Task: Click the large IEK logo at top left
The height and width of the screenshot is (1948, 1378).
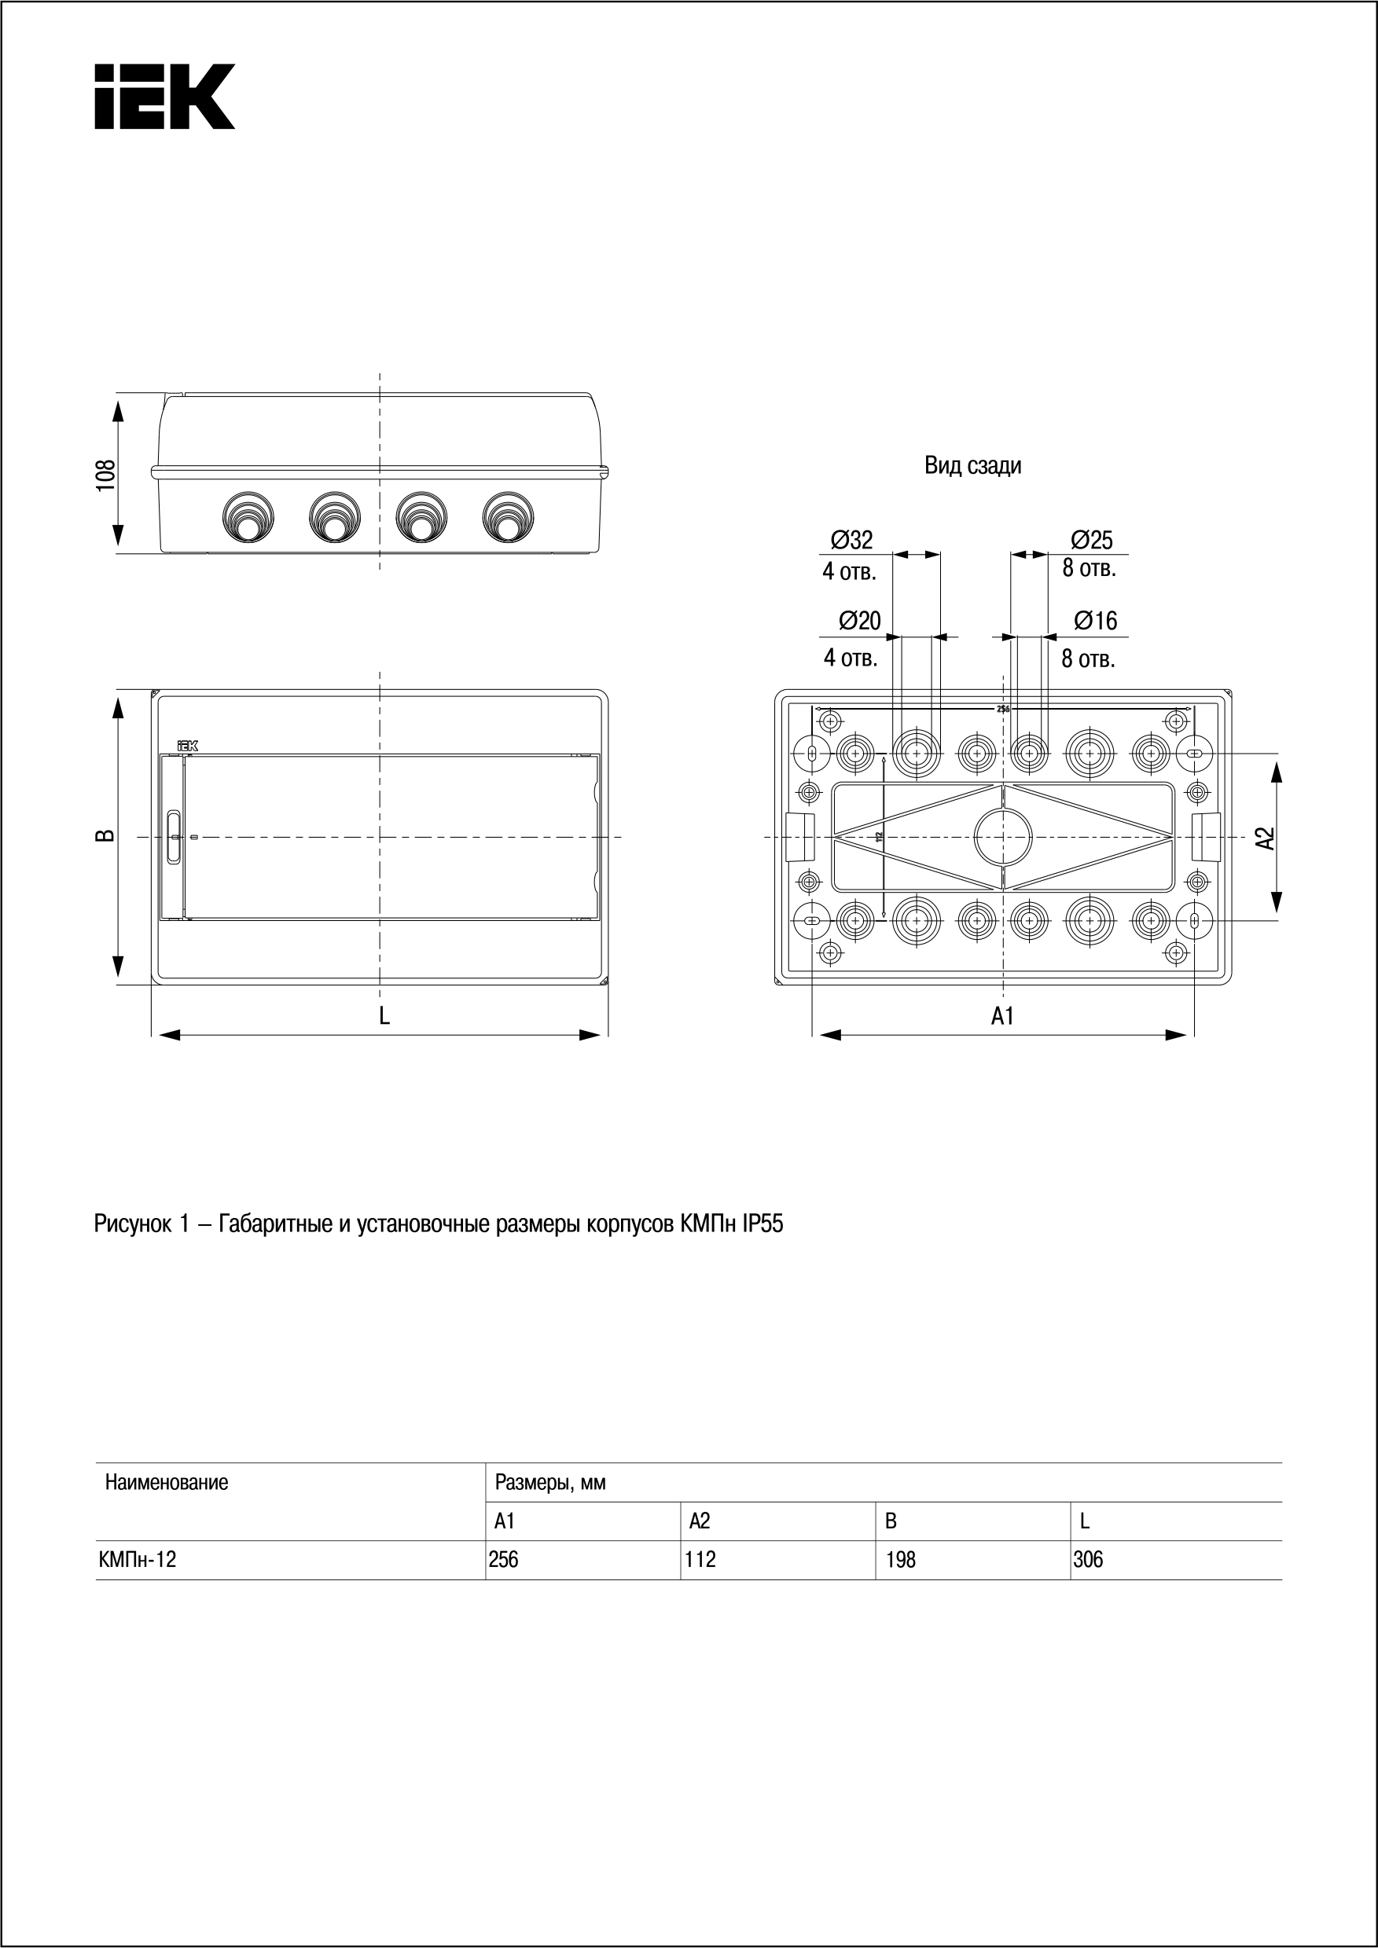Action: click(x=164, y=96)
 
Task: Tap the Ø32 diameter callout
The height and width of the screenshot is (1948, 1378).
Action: click(x=851, y=540)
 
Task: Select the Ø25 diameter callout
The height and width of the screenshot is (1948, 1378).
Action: click(x=1090, y=540)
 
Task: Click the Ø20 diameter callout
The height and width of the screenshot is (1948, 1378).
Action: click(x=859, y=621)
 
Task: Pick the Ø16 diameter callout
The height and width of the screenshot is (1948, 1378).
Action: click(x=1094, y=621)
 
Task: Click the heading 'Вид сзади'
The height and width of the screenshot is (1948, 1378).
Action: click(x=972, y=466)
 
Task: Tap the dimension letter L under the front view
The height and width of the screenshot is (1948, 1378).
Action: click(x=384, y=1015)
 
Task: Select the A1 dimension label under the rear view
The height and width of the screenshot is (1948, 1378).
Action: click(x=1002, y=1015)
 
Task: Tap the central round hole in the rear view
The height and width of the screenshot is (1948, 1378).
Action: click(x=1003, y=836)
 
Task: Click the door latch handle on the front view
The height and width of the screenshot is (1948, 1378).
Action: click(x=174, y=838)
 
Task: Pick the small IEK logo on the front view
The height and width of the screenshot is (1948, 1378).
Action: click(x=186, y=746)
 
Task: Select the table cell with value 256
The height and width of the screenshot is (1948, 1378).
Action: click(x=504, y=1559)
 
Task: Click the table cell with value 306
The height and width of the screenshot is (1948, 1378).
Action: click(x=1087, y=1559)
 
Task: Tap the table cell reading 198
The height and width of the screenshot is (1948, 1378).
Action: click(x=900, y=1559)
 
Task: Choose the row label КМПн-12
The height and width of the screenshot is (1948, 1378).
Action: click(x=137, y=1559)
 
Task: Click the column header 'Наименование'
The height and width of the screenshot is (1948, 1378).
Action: click(x=167, y=1482)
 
